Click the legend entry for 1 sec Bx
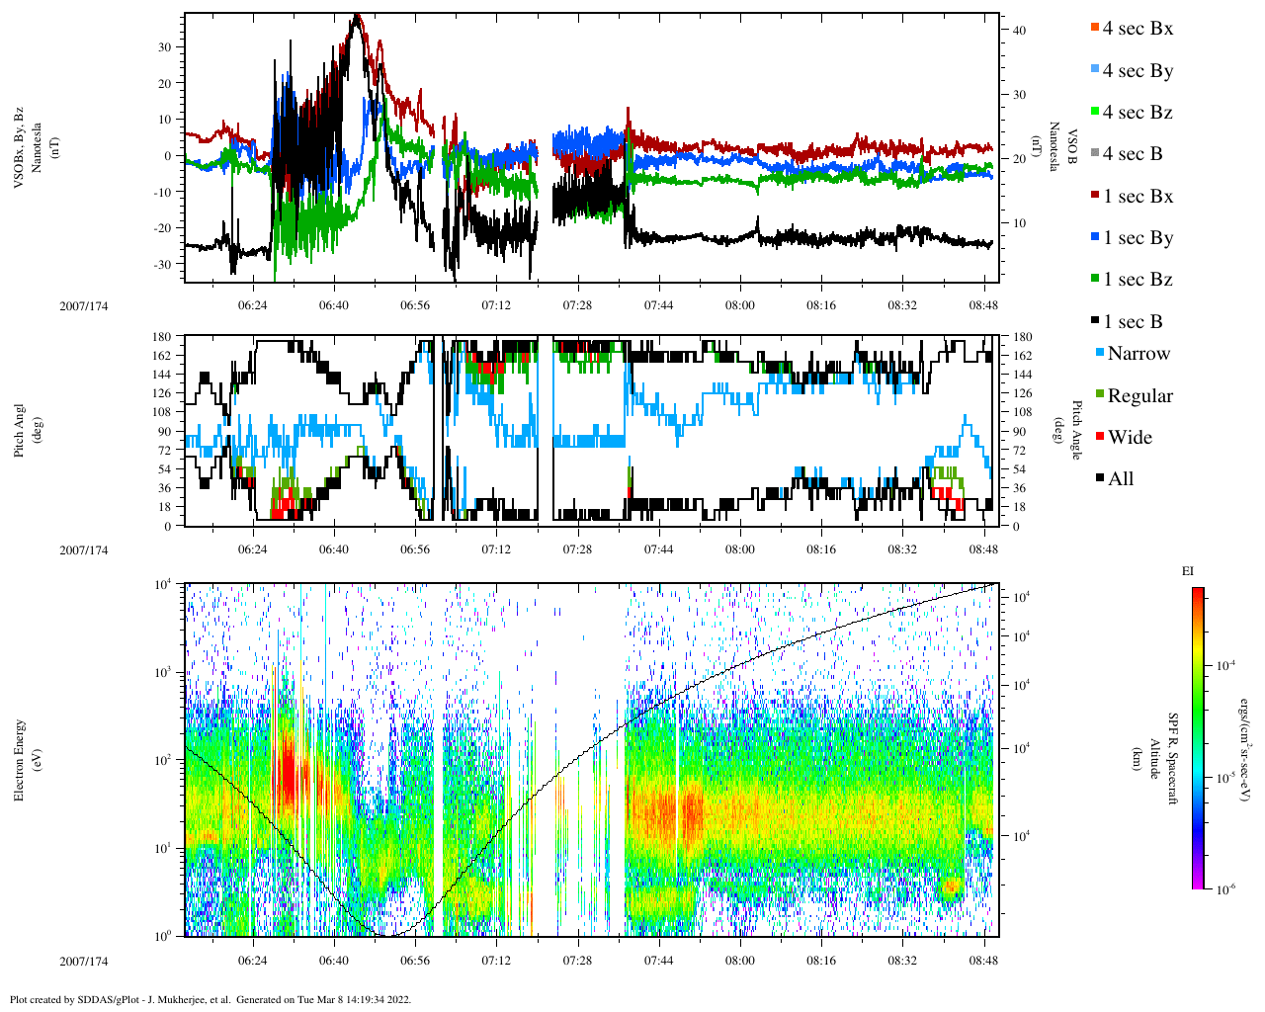1137,197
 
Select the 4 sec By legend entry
1137,71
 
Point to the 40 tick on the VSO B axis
1019,31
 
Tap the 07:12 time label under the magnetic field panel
496,305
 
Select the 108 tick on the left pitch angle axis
161,412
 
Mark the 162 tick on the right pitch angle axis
1023,356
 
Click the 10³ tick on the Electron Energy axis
163,672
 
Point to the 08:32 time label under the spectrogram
902,961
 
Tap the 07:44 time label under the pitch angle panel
659,549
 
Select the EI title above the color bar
1188,571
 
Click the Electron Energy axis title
20,760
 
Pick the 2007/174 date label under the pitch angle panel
83,550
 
